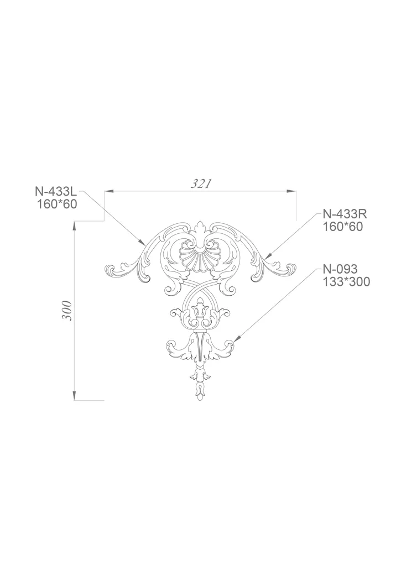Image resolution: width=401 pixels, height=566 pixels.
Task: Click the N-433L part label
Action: point(56,191)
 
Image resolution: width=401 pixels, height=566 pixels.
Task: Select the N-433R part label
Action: point(345,214)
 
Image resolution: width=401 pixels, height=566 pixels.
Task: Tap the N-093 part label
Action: point(340,269)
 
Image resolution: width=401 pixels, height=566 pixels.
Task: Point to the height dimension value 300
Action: point(67,311)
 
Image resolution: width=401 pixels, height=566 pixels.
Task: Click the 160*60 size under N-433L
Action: point(57,205)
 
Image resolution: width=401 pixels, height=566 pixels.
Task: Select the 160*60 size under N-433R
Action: point(342,227)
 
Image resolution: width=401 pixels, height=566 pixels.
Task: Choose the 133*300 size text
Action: point(346,281)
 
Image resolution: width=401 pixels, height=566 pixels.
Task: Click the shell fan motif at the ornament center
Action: point(197,255)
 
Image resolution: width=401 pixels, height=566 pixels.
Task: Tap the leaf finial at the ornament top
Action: point(200,228)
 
